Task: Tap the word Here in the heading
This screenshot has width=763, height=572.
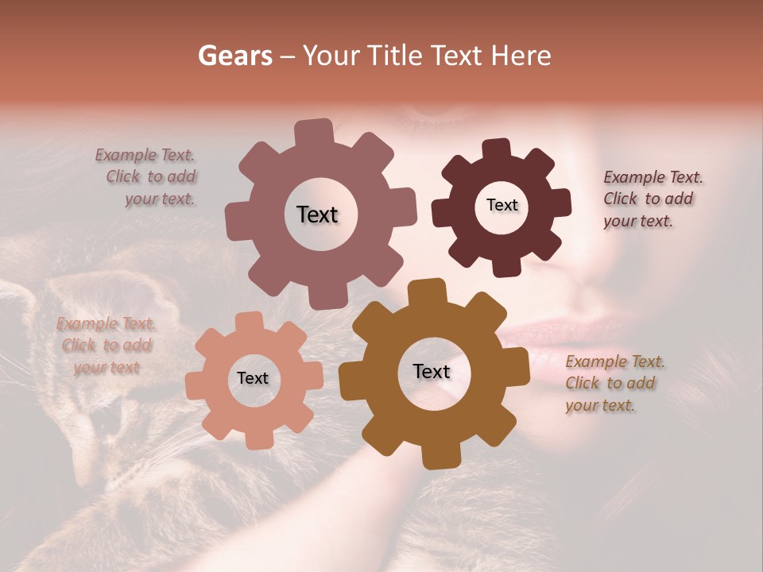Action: [521, 56]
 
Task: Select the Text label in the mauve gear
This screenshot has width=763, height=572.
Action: [317, 214]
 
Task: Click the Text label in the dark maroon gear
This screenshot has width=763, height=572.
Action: [502, 205]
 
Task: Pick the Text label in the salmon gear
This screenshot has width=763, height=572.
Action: [253, 378]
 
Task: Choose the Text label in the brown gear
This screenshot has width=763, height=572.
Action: [432, 371]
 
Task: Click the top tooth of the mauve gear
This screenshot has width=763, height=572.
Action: [314, 132]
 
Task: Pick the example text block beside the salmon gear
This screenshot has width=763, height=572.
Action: [107, 346]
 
